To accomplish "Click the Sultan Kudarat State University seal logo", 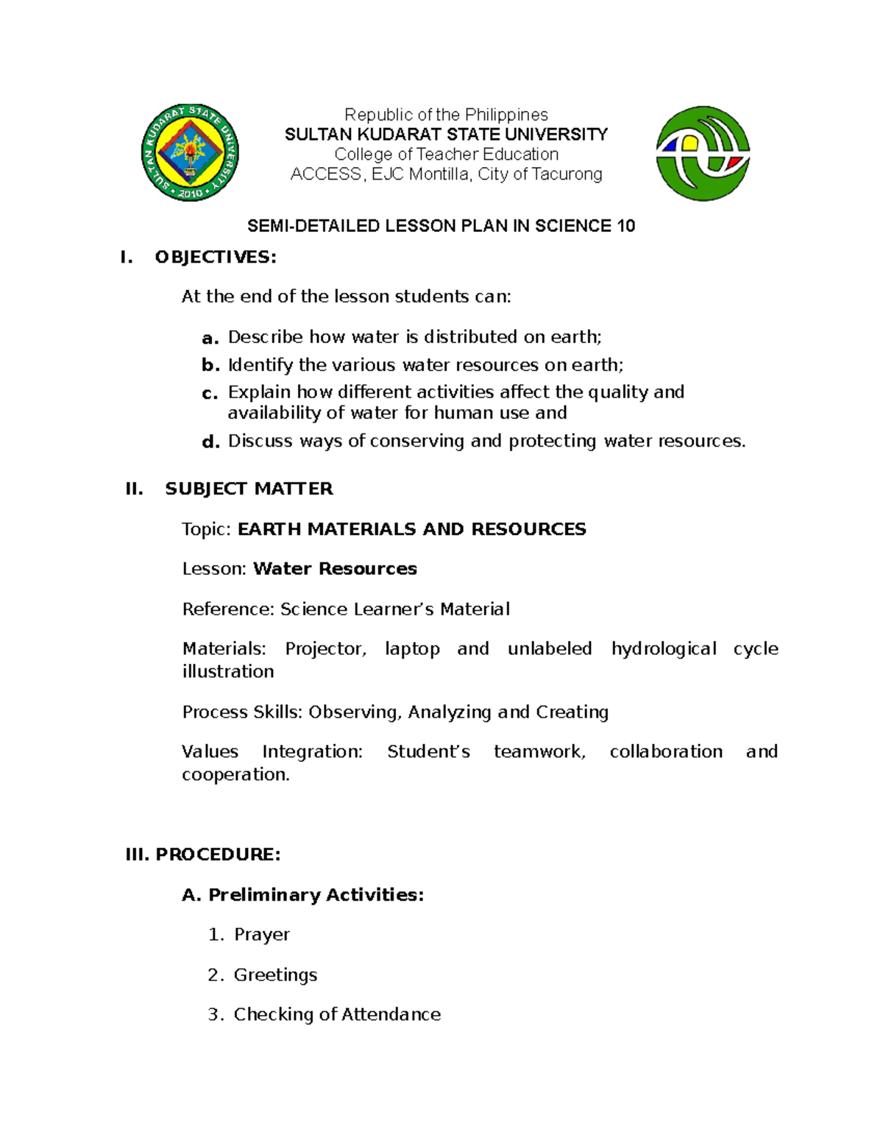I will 190,153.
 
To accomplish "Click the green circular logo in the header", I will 703,153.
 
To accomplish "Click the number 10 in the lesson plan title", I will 626,226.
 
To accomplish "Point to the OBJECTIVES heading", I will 215,257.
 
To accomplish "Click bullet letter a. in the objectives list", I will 210,339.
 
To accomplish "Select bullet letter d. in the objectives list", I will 210,442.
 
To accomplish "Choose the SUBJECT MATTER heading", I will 249,489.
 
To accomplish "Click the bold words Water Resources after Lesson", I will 335,569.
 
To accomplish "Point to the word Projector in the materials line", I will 325,649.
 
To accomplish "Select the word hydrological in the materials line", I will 664,649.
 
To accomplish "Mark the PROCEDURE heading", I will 218,854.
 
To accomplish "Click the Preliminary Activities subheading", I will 316,895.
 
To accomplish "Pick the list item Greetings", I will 275,975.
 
